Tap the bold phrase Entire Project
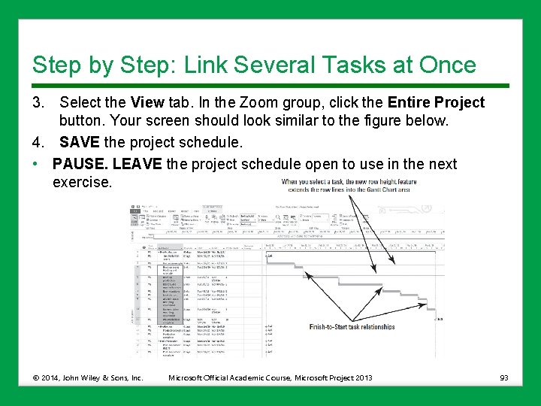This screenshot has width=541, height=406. [436, 102]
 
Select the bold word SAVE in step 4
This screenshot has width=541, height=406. [80, 142]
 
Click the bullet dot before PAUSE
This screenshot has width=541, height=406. [36, 164]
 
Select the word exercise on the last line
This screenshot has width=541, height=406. [82, 183]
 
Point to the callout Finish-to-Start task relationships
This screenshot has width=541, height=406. [352, 327]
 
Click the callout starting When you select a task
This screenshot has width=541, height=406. [349, 186]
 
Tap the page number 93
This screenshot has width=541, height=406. [503, 377]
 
